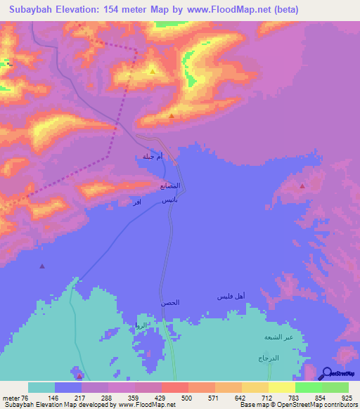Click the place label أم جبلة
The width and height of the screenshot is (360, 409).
(153, 157)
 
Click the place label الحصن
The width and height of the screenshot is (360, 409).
(169, 302)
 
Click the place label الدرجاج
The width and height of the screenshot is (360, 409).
(269, 358)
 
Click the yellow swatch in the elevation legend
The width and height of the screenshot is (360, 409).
(281, 387)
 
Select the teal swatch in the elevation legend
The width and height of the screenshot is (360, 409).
(41, 387)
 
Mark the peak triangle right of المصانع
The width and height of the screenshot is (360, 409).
(302, 186)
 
